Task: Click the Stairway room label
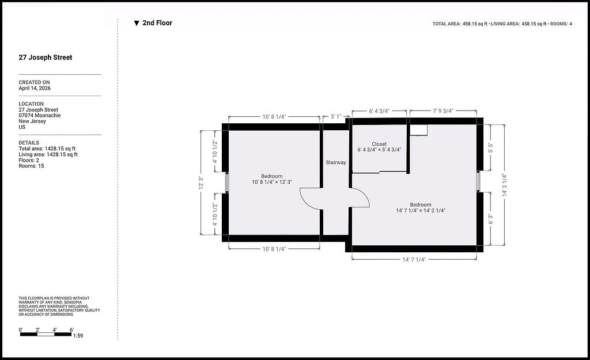coord(336,162)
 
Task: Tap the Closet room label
coord(379,144)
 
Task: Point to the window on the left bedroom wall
coord(227,183)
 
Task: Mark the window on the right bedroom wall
coord(478,181)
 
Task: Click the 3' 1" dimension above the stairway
coord(336,116)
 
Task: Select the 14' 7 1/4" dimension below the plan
coord(414,260)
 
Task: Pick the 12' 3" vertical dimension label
coord(201,183)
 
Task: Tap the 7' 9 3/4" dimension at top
coord(443,111)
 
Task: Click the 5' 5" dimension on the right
coord(491,147)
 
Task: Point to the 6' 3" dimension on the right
coord(491,219)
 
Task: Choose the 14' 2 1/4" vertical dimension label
coord(505,185)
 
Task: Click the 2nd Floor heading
coord(157,23)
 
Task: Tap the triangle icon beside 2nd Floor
coord(137,23)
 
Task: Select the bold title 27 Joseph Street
coord(46,58)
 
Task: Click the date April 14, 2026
coord(35,88)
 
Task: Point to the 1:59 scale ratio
coord(78,336)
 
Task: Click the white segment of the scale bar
coord(46,334)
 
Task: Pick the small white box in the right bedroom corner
coord(418,130)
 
